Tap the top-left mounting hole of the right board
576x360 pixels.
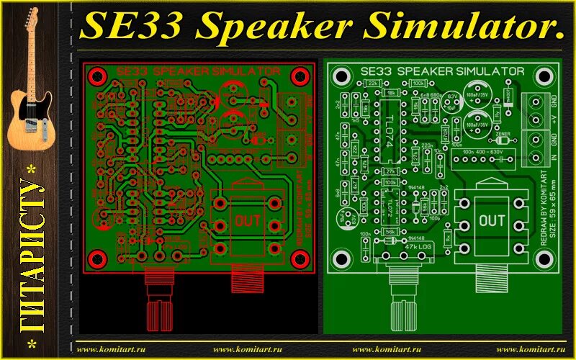[x=341, y=75]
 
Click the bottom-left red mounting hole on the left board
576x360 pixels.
[x=100, y=258]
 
